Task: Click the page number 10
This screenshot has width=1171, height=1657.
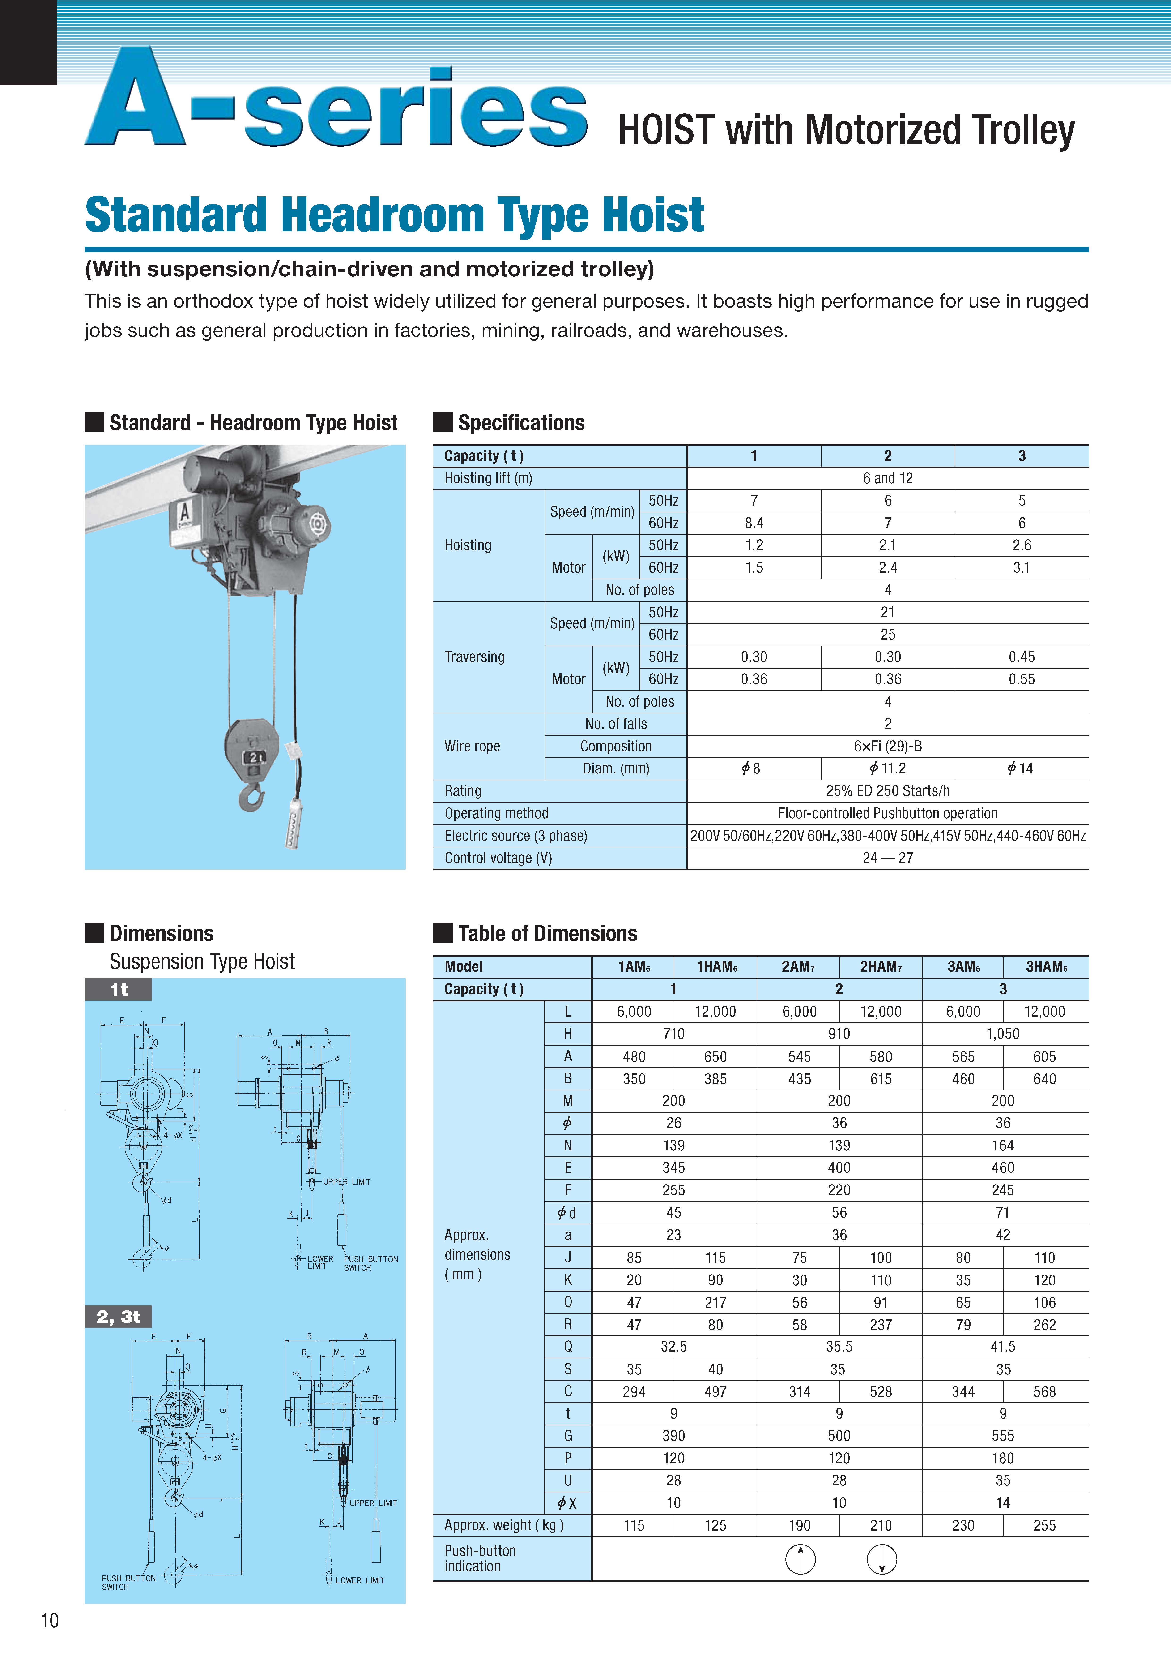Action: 49,1620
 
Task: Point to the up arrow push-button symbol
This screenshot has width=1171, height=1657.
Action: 800,1559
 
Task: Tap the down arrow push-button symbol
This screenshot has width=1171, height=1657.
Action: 882,1559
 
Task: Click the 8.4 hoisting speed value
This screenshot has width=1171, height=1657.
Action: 754,523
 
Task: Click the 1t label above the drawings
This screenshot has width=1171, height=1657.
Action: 118,989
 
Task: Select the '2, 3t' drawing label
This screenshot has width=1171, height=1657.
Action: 118,1316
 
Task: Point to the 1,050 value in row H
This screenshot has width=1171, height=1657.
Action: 1003,1034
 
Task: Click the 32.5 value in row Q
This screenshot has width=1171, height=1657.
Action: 673,1347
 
